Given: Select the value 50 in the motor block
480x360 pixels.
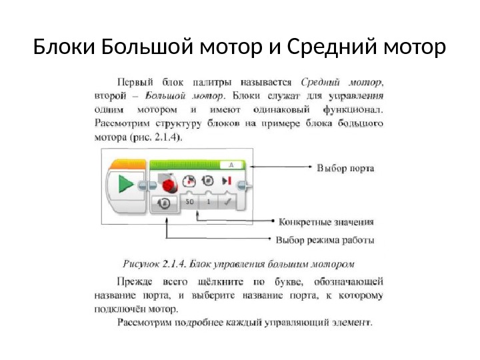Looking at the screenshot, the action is (190, 201).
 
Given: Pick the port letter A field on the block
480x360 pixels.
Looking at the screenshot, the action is (230, 163).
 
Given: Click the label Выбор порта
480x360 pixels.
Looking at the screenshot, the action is (345, 169).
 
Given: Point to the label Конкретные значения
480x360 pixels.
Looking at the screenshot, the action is (325, 221).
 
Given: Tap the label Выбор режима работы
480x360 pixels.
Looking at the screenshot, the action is (325, 239).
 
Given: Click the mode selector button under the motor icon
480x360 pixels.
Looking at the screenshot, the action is (164, 203).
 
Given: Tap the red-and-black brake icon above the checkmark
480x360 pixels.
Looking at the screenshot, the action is (227, 181).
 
